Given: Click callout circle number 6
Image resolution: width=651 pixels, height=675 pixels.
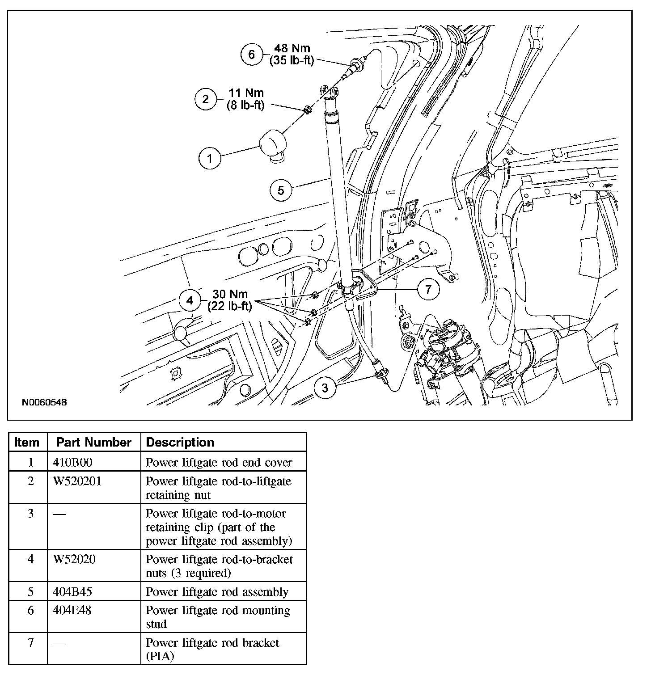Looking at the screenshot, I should pos(251,55).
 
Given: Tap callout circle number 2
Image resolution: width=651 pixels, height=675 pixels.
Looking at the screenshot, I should pos(205,99).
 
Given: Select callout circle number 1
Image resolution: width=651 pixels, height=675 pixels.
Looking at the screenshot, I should pos(210,158).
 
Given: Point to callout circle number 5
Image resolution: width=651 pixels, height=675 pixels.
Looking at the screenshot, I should pos(281,190).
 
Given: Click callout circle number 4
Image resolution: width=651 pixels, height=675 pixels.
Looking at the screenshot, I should pos(190,300).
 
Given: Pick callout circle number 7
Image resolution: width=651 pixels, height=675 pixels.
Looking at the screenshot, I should pos(428,290).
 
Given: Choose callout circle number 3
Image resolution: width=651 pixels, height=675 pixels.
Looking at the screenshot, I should pos(325,388).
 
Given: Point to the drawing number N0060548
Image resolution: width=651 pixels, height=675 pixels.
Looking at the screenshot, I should pos(44,402).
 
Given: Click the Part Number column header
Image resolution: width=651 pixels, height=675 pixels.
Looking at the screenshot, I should pos(94,443).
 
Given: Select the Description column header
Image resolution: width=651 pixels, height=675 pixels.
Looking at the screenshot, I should pos(180,443).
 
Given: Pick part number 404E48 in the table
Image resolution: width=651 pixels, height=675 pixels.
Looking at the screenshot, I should pos(72,610).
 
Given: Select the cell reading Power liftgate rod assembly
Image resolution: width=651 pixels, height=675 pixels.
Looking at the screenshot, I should pos(217,592).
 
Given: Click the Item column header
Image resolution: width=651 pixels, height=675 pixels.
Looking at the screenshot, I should pos(27,443).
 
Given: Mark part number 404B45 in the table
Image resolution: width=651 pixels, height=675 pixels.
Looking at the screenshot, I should pos(72,592).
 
